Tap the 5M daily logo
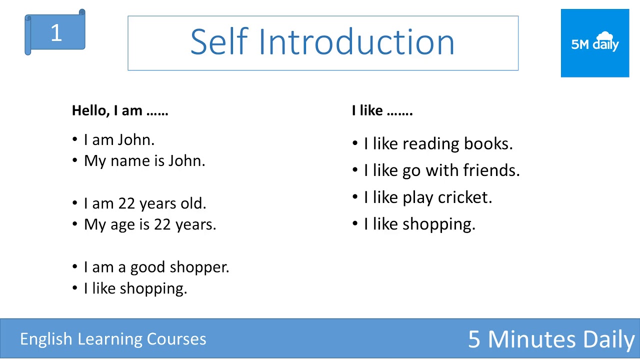tap(595, 43)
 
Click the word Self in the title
tap(219, 42)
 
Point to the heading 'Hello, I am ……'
tap(120, 110)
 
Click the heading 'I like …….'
tap(382, 110)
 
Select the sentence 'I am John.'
tap(119, 140)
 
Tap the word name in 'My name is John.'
tap(127, 161)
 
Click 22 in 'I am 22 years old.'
tap(127, 203)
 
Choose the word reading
tap(431, 144)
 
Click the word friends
tap(491, 170)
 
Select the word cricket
tap(464, 197)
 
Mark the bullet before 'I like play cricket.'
tap(355, 197)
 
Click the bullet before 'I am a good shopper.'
tap(75, 267)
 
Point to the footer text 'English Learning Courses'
tap(113, 339)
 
